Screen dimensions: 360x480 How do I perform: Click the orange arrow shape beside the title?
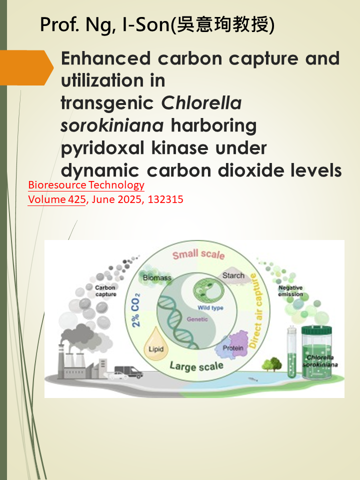coord(26,67)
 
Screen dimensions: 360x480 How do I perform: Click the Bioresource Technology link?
coord(86,185)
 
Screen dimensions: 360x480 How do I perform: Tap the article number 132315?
coord(165,199)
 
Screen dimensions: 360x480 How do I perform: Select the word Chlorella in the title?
coord(201,103)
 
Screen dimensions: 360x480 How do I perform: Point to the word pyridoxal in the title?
coord(102,148)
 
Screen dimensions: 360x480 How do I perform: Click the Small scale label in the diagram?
coord(198,254)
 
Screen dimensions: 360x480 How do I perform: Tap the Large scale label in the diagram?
coord(196,366)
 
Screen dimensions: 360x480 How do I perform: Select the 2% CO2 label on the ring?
coord(136,310)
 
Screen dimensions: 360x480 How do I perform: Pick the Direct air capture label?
coord(256,310)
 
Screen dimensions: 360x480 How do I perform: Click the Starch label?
coord(233,275)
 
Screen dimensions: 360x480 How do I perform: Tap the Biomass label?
coord(157,277)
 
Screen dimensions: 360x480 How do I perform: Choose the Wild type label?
coord(210,307)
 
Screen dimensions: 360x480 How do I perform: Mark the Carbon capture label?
coord(105,291)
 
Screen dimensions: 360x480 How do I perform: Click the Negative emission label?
coord(290,291)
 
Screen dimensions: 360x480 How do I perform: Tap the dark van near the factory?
coord(128,371)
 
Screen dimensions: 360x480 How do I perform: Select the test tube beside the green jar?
coord(291,351)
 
